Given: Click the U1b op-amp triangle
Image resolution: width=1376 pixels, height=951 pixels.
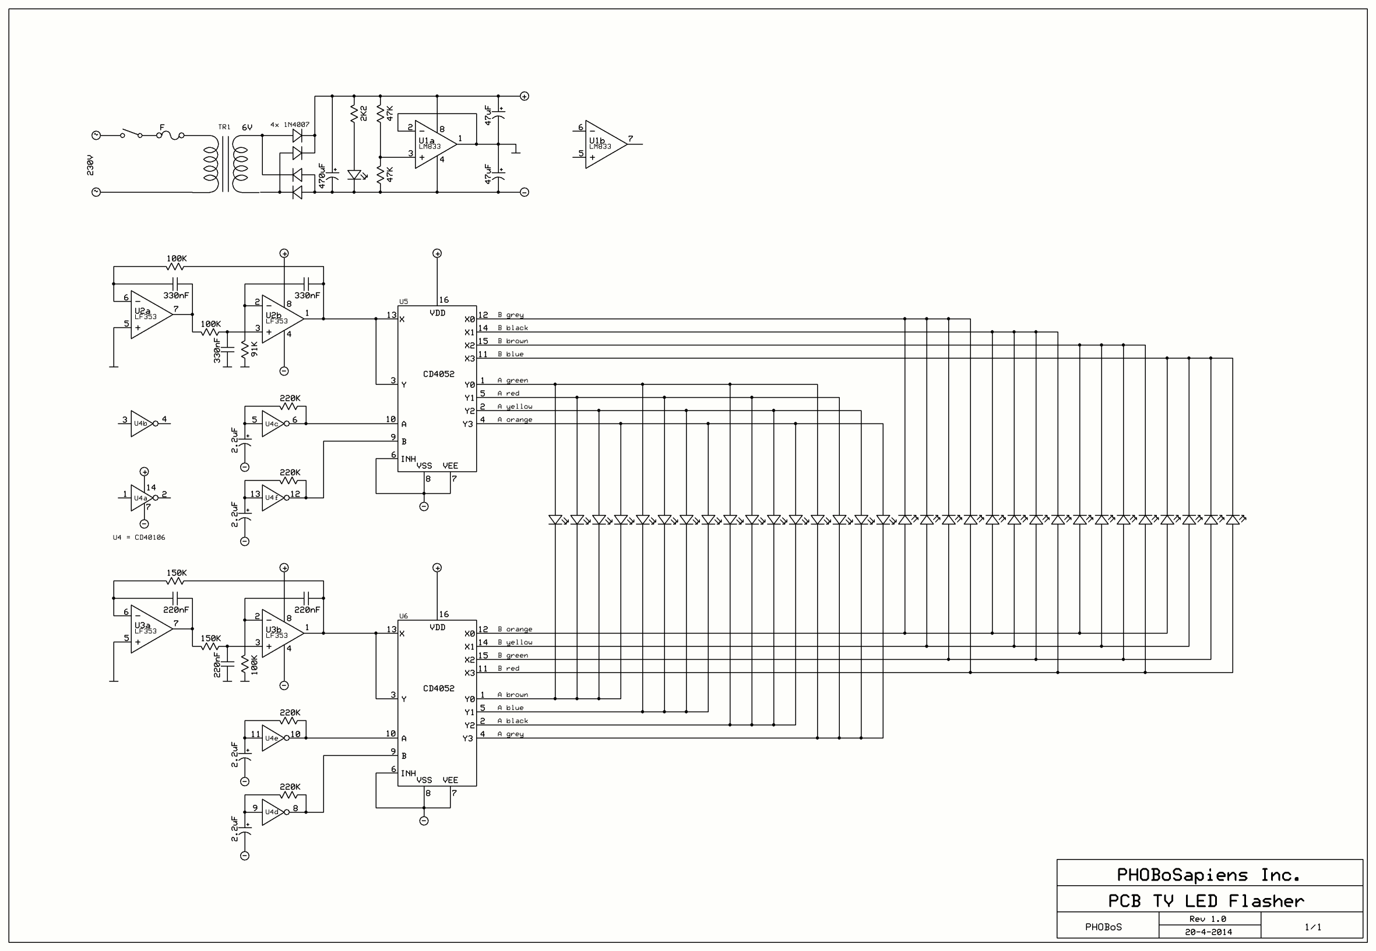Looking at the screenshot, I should (604, 144).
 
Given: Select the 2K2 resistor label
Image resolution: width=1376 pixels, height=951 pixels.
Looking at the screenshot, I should (364, 113).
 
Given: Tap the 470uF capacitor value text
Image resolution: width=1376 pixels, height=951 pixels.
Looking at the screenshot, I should (322, 176).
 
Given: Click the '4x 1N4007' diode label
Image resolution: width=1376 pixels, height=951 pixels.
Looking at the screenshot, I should (290, 125).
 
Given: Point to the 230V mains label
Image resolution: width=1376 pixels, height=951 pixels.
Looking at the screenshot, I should (90, 165).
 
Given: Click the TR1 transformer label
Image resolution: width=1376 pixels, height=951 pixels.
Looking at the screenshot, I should (224, 127).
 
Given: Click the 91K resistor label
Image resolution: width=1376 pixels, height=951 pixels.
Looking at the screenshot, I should (255, 349).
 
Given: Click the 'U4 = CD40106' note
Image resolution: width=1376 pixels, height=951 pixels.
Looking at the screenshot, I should (139, 538).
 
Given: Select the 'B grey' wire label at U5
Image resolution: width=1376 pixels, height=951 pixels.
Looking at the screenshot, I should (511, 314).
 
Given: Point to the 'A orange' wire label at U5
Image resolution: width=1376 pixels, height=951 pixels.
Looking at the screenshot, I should (515, 419).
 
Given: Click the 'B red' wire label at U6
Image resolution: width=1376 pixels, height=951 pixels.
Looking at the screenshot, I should (509, 669).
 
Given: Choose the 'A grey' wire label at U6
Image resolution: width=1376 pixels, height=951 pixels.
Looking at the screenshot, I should (511, 734).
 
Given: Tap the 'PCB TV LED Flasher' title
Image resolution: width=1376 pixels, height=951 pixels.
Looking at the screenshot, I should (1205, 901).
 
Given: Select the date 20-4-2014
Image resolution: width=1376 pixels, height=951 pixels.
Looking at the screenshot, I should (1209, 932).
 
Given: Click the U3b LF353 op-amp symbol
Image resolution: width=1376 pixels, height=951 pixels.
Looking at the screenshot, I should (281, 633).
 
